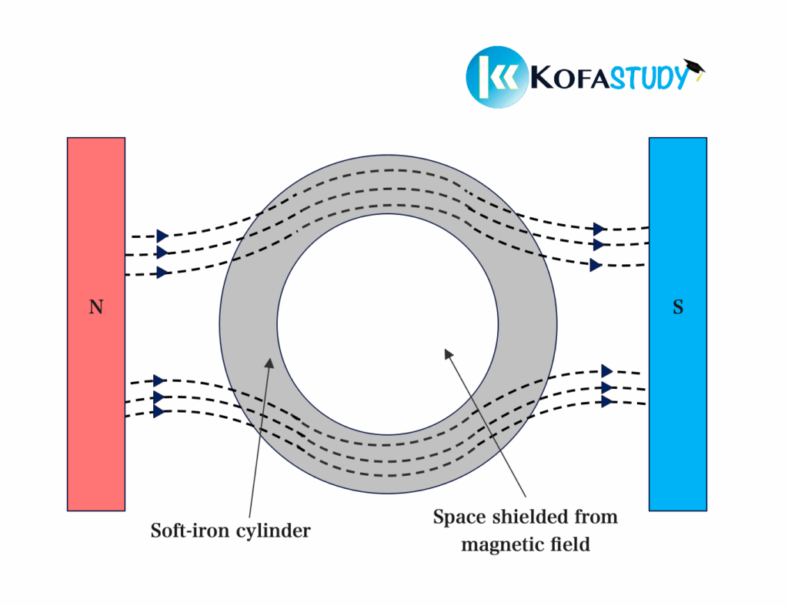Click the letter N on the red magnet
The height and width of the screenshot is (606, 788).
95,307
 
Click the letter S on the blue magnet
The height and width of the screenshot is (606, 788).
677,307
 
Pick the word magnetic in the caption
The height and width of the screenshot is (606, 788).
502,544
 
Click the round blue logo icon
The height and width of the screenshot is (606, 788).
497,77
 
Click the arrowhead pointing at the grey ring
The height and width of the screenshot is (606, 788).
269,360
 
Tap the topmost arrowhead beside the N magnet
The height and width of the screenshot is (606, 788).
162,236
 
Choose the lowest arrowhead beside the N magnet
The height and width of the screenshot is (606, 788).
159,412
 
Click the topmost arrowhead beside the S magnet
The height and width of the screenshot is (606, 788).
599,229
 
